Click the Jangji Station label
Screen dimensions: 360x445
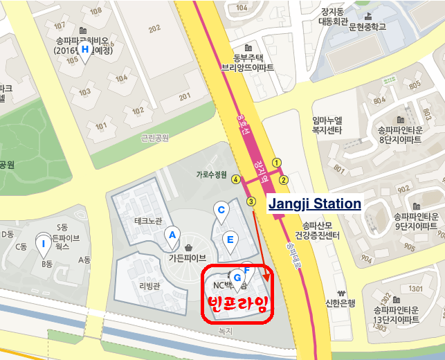tap(314, 204)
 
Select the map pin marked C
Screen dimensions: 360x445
tap(221, 211)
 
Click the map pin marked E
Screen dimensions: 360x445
tap(231, 241)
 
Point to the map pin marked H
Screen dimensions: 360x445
tap(85, 51)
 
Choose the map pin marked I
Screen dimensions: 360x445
tap(44, 244)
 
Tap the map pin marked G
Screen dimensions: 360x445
tap(238, 278)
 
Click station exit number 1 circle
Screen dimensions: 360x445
tap(276, 162)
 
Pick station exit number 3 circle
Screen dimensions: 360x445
tap(251, 201)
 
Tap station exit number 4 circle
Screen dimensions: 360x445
tap(236, 179)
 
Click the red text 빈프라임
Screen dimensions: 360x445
tap(237, 303)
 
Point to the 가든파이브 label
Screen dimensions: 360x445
tap(188, 258)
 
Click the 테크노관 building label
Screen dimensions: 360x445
tap(147, 221)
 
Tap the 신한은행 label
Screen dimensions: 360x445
tap(340, 303)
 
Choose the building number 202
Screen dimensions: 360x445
tap(154, 28)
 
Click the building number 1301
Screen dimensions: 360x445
tap(397, 289)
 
